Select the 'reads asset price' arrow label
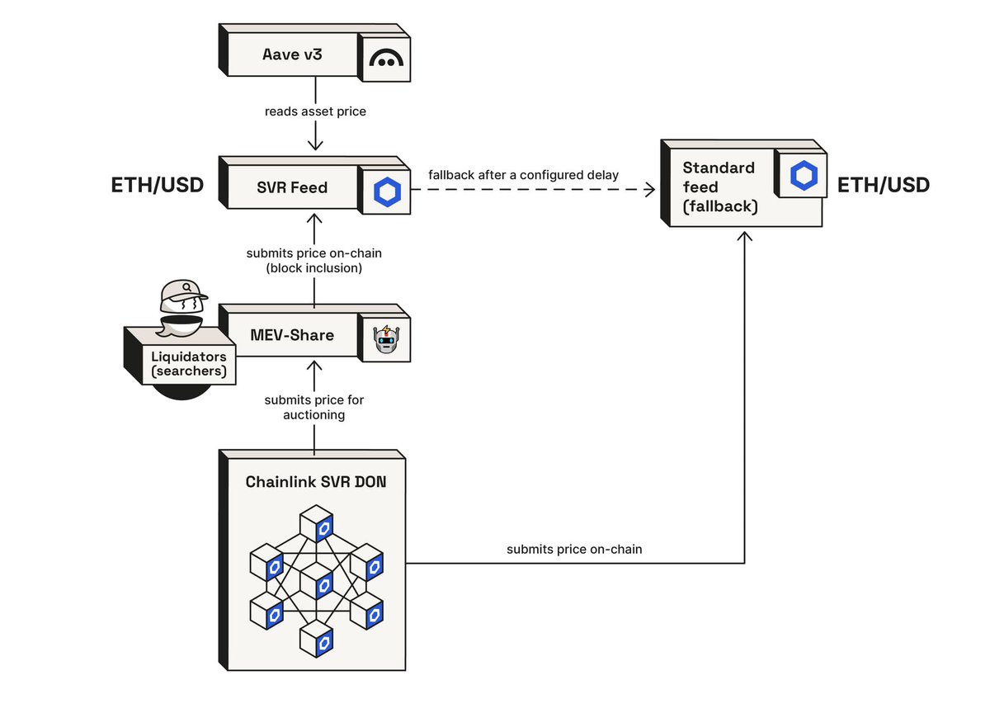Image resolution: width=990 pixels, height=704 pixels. click(x=314, y=111)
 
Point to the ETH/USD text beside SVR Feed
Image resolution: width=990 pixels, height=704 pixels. click(x=157, y=186)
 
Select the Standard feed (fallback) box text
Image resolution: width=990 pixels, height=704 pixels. click(x=720, y=187)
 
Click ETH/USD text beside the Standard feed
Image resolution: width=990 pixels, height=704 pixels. click(x=884, y=186)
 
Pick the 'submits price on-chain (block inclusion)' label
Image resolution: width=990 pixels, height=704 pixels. click(x=314, y=260)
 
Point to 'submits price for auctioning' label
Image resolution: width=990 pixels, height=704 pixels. click(x=314, y=407)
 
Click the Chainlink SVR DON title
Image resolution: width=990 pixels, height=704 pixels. click(x=314, y=482)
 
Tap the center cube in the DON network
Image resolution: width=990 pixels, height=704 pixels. click(x=316, y=579)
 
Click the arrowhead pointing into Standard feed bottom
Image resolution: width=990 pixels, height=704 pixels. click(x=745, y=237)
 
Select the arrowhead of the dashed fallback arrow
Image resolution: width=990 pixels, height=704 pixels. click(x=648, y=190)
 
